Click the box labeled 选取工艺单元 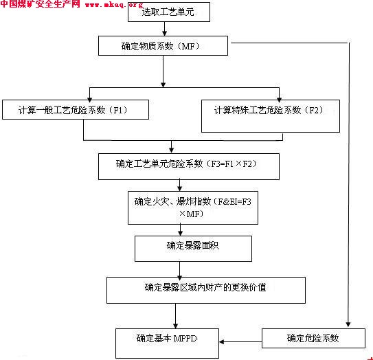pos(169,12)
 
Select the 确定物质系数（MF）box pos(163,45)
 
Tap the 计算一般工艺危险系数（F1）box pos(76,109)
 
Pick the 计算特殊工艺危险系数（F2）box pos(271,116)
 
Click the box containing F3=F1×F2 pos(189,166)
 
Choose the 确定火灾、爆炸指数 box pos(193,207)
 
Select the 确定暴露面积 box pos(193,249)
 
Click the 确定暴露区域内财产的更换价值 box pos(206,290)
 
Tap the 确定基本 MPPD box pos(167,344)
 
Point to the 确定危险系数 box pos(313,338)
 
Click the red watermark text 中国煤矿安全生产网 pos(40,4)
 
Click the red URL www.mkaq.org pos(114,5)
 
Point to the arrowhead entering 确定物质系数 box pos(164,33)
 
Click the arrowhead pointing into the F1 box pos(90,100)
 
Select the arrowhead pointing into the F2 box pos(280,100)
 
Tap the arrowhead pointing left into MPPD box pos(221,342)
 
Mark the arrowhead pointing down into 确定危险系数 pos(348,324)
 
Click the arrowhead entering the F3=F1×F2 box pos(171,150)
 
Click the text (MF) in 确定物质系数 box pos(190,46)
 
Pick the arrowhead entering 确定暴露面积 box pos(180,233)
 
